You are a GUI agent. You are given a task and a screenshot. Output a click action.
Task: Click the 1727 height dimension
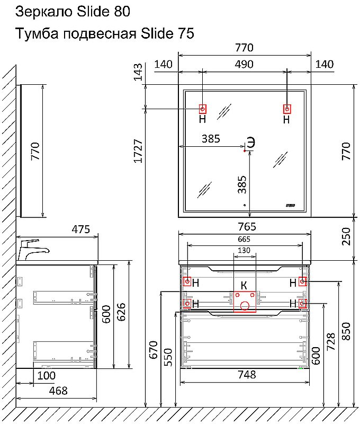[x=138, y=151]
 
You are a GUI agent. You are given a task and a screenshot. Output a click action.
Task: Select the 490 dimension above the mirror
[x=244, y=65]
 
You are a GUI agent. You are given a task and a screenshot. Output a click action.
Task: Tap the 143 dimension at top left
[x=138, y=71]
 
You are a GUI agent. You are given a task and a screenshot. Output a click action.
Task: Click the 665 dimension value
[x=244, y=239]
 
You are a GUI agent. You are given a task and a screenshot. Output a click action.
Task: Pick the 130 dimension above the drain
[x=244, y=250]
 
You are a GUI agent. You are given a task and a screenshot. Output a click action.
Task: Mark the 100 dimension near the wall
[x=46, y=375]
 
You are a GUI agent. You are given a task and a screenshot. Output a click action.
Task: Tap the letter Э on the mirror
[x=251, y=143]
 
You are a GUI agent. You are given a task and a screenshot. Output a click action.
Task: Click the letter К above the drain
[x=244, y=285]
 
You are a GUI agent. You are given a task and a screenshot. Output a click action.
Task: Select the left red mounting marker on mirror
[x=202, y=109]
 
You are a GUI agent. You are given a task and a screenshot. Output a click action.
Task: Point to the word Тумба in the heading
[x=36, y=34]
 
